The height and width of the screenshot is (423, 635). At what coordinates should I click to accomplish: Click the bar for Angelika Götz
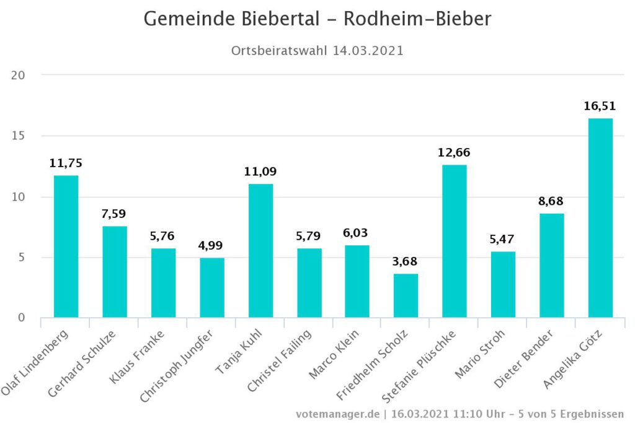[600, 218]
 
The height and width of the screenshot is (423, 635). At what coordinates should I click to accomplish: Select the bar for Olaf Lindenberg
[66, 246]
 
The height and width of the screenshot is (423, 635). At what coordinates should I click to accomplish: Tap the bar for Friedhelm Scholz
[406, 295]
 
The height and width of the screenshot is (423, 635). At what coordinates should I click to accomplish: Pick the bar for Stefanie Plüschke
[455, 241]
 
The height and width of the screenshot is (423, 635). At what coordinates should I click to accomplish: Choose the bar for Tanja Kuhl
[260, 251]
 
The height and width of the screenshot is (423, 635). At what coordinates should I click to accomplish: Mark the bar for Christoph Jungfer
[212, 287]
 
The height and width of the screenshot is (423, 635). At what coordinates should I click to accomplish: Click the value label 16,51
[600, 106]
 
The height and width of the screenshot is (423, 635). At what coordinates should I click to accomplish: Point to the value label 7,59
[115, 214]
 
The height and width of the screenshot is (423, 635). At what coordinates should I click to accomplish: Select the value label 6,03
[357, 233]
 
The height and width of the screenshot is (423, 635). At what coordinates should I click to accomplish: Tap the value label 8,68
[551, 201]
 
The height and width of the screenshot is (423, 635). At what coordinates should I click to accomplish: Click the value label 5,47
[503, 239]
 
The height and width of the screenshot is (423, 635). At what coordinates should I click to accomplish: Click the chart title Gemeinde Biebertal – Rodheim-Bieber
[317, 19]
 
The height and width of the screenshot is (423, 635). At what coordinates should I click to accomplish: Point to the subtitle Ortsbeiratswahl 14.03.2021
[317, 51]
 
